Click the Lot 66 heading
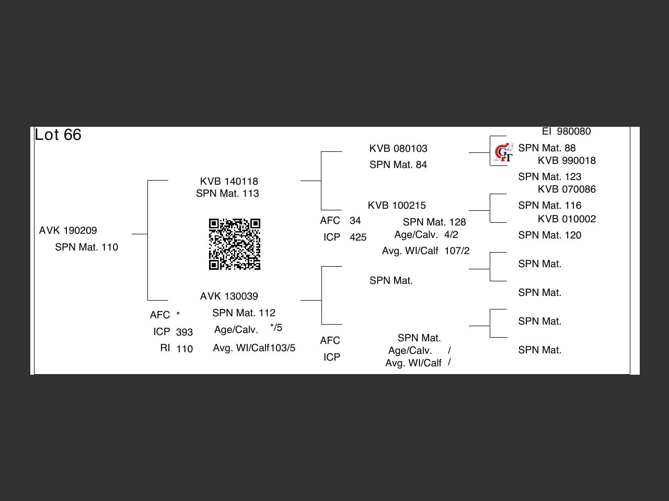pos(58,135)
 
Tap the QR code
pos(235,244)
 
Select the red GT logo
pos(503,152)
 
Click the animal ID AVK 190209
pos(68,231)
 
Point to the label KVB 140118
pos(229,182)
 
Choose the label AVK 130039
pos(229,296)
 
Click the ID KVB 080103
pos(398,149)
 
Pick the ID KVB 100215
pos(397,206)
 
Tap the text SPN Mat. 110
pos(87,247)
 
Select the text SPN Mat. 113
pos(227,194)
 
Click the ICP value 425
pos(358,237)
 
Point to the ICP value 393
pos(184,332)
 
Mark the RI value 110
pos(184,349)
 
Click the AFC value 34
pos(355,221)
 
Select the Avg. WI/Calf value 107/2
pos(457,251)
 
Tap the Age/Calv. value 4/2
pos(451,235)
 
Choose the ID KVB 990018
pos(567,161)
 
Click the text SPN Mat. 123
pos(550,177)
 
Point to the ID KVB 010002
pos(567,219)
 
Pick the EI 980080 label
pos(566,132)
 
